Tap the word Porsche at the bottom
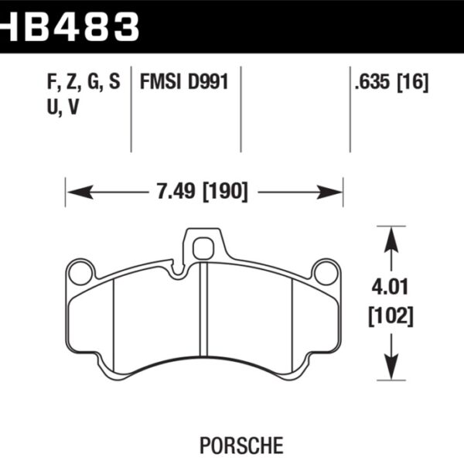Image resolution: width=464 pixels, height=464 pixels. pyautogui.click(x=231, y=446)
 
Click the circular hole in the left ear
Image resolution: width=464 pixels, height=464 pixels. pyautogui.click(x=79, y=272)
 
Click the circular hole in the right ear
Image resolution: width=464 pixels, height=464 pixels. pyautogui.click(x=326, y=272)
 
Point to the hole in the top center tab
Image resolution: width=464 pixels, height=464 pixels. pyautogui.click(x=203, y=248)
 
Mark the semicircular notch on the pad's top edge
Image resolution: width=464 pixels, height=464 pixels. pyautogui.click(x=179, y=270)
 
